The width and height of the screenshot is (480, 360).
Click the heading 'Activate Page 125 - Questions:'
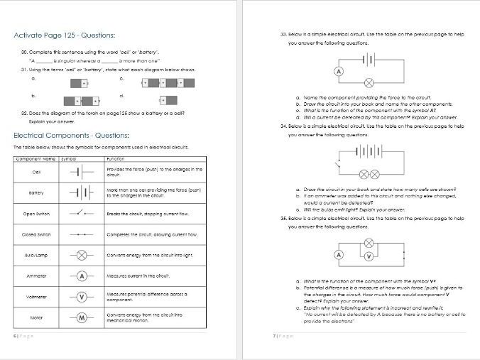point(65,36)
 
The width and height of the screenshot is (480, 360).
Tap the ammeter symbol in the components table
point(82,276)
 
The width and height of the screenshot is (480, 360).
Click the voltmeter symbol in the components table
point(82,297)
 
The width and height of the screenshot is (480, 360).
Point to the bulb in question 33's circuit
point(367,82)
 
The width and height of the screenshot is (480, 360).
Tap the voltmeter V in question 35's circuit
point(367,256)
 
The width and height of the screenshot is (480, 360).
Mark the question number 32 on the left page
point(24,113)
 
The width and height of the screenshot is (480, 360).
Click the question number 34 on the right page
point(283,126)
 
